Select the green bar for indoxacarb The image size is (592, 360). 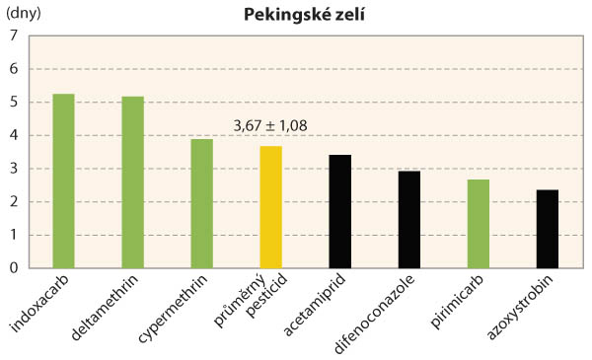pos(63,180)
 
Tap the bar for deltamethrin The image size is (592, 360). pos(132,182)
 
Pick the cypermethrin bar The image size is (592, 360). pos(201,203)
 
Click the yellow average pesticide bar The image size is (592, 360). pos(270,207)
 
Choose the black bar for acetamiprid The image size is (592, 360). pos(339,211)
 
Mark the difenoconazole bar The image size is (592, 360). pos(408,219)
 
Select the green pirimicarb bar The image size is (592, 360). pos(478,223)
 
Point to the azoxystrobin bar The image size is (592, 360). pos(547,228)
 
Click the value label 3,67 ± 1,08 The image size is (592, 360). pos(270,126)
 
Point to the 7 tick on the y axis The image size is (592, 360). pos(14,36)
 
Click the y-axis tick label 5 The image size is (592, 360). pos(14,103)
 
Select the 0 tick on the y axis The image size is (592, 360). pos(14,267)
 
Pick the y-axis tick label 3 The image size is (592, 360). pos(14,169)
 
